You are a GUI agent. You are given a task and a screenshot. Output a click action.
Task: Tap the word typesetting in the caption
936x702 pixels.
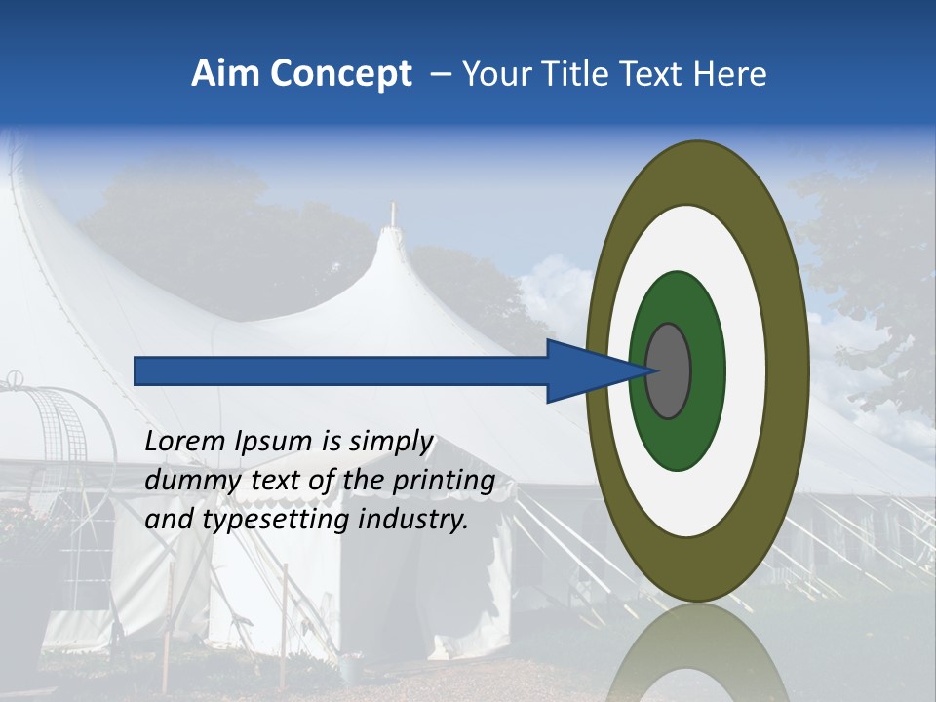point(278,521)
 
